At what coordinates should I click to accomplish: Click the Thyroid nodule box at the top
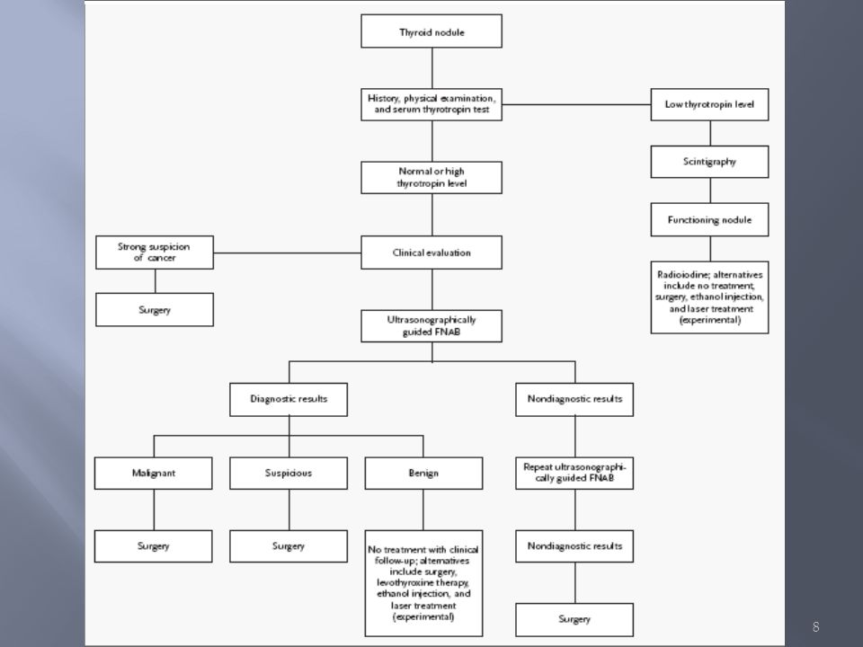point(431,31)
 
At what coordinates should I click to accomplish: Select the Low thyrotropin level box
point(709,104)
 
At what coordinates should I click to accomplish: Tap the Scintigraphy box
point(709,162)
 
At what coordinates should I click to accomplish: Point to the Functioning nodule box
point(709,219)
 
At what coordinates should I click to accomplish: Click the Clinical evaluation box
point(431,253)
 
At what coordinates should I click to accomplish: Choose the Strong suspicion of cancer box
point(155,253)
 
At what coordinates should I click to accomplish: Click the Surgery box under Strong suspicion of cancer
point(155,310)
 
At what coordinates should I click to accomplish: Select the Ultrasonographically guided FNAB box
point(431,326)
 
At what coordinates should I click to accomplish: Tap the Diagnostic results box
point(289,399)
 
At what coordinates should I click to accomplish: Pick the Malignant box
point(154,474)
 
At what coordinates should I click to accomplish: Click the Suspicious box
point(289,474)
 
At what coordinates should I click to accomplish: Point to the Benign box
point(423,474)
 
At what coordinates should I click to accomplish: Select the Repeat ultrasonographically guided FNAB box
point(574,474)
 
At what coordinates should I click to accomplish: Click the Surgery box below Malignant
point(154,546)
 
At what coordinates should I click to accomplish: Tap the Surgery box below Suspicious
point(289,546)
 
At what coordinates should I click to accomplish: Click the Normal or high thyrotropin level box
point(431,178)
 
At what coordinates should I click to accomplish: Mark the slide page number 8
point(815,626)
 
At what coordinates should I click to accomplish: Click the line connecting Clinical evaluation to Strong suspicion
point(288,253)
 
